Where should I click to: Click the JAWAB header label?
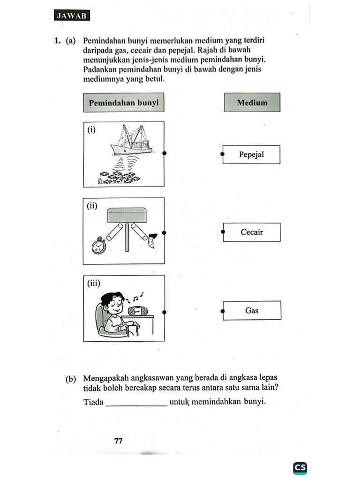[x=72, y=15]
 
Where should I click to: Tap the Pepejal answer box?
[x=251, y=154]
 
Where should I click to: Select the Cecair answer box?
[x=252, y=232]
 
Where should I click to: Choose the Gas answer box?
[x=252, y=310]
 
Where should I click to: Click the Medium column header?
[x=252, y=102]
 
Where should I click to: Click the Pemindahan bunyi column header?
[x=124, y=102]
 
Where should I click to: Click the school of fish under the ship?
[x=120, y=177]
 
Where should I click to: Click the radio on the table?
[x=137, y=311]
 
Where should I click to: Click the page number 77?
[x=118, y=441]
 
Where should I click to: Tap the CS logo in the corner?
[x=300, y=467]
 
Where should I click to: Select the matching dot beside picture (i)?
[x=164, y=153]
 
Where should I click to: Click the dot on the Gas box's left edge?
[x=223, y=310]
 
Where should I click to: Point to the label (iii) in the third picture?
[x=94, y=283]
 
